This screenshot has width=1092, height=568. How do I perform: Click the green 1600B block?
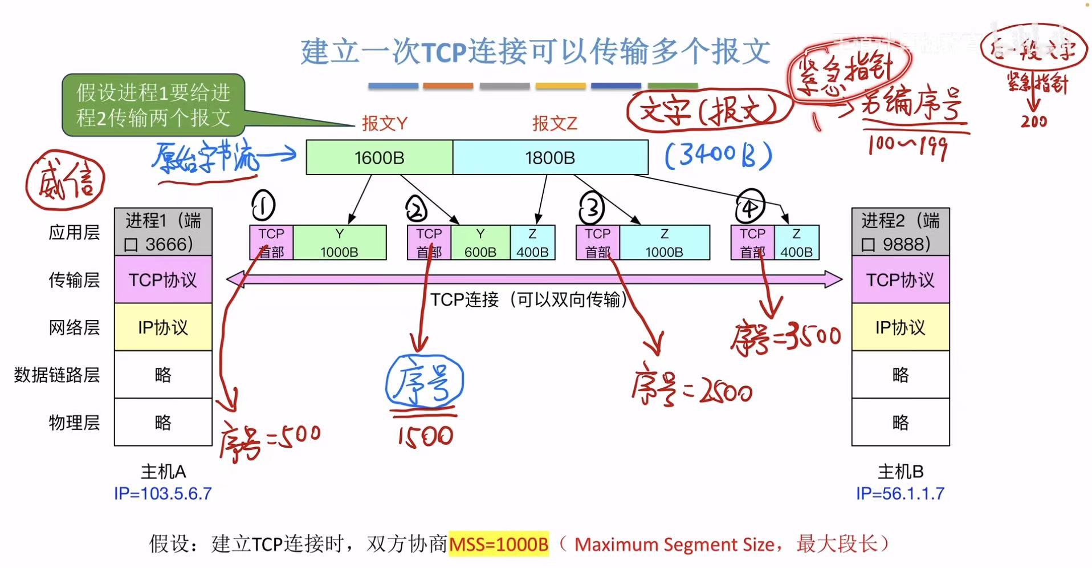(x=379, y=157)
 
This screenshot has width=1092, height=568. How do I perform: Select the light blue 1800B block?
(x=550, y=157)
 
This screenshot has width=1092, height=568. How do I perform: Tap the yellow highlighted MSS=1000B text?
(x=499, y=543)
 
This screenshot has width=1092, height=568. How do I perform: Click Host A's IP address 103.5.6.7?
(x=163, y=493)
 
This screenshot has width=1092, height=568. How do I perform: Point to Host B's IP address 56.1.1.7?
(x=900, y=493)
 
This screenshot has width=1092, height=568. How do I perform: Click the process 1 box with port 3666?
(x=163, y=232)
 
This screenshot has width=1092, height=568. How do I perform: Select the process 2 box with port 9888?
(x=901, y=232)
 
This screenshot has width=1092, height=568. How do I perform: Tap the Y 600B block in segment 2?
(x=480, y=243)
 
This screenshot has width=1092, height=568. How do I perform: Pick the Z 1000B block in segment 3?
(x=664, y=243)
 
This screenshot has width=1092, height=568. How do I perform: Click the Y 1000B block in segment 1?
(x=339, y=243)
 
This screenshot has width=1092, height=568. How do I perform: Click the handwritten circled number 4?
(x=749, y=206)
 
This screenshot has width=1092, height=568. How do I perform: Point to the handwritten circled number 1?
(x=263, y=206)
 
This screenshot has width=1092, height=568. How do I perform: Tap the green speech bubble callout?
(x=153, y=105)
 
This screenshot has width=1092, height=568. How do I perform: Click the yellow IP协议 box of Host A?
(x=163, y=327)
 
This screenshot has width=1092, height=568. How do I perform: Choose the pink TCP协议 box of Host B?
(x=901, y=280)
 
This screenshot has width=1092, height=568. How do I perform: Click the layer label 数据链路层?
(x=57, y=375)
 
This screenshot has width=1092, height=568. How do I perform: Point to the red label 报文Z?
(x=555, y=123)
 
